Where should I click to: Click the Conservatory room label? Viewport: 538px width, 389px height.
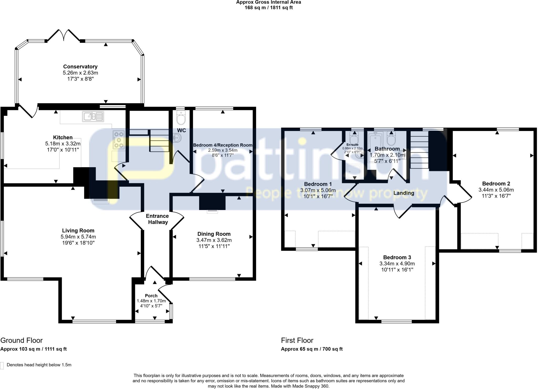pos(80,67)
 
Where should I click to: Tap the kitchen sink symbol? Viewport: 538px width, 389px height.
pos(93,117)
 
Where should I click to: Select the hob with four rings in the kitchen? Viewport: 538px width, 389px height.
pos(119,140)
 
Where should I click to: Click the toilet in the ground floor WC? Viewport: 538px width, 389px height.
pos(181,117)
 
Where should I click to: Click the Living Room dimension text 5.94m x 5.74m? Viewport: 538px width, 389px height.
pos(78,237)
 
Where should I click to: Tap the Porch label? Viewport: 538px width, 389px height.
pos(151,296)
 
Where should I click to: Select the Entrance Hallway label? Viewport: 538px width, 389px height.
pos(157,219)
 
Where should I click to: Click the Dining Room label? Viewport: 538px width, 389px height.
pos(214,234)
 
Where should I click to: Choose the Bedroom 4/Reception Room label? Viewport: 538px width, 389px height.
pos(223,145)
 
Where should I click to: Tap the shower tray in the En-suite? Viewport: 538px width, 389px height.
pos(353,171)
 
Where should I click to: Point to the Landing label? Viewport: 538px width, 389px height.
pos(403,193)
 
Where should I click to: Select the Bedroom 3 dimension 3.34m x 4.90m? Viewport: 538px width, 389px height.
pos(397,264)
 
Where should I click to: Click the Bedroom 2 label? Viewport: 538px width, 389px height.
pos(496,184)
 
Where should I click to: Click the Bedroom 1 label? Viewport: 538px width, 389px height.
pos(318,184)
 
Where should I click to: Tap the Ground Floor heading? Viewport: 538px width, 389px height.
pos(22,340)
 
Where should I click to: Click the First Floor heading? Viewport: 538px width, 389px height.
pos(297,340)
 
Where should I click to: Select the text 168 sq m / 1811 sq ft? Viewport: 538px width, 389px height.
pos(268,8)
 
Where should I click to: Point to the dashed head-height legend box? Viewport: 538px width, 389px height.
pos(2,365)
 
